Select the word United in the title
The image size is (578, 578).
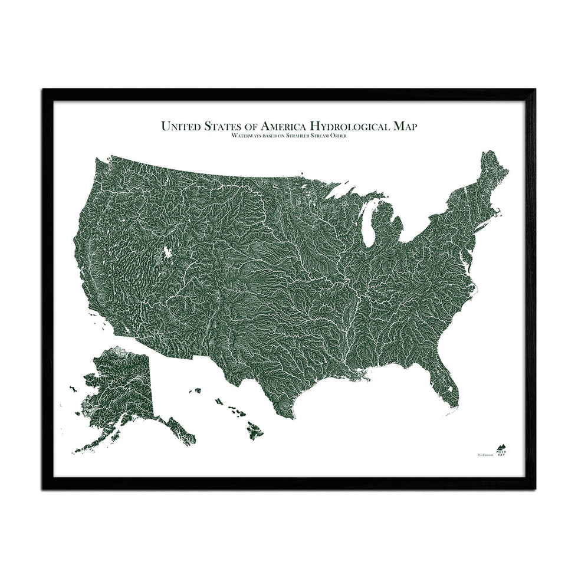pos(180,126)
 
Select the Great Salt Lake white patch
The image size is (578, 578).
pos(168,252)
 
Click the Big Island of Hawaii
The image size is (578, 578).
pos(255,433)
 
